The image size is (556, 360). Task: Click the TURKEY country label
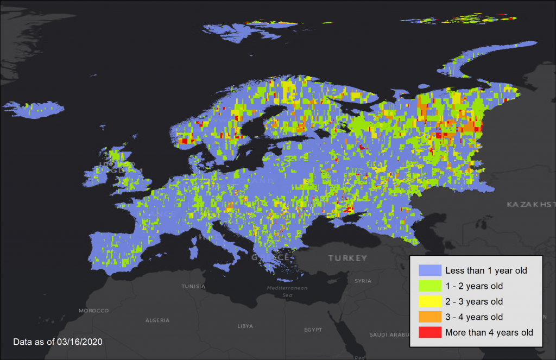pyautogui.click(x=347, y=258)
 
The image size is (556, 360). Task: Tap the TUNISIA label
pyautogui.click(x=193, y=286)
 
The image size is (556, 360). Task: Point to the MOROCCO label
pyautogui.click(x=93, y=311)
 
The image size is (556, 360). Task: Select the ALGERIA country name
pyautogui.click(x=157, y=320)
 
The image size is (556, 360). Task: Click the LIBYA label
pyautogui.click(x=245, y=326)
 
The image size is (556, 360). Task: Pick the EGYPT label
pyautogui.click(x=313, y=330)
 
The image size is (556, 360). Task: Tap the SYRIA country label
pyautogui.click(x=363, y=281)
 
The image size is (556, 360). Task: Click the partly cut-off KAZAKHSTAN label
pyautogui.click(x=530, y=204)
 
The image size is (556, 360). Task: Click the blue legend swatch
pyautogui.click(x=429, y=270)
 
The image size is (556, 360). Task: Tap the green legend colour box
pyautogui.click(x=429, y=286)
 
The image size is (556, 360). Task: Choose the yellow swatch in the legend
pyautogui.click(x=429, y=301)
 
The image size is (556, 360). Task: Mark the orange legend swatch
pyautogui.click(x=429, y=317)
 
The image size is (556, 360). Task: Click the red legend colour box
pyautogui.click(x=429, y=332)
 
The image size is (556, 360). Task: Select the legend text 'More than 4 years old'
pyautogui.click(x=489, y=332)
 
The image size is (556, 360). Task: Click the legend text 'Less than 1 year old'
pyautogui.click(x=486, y=270)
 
